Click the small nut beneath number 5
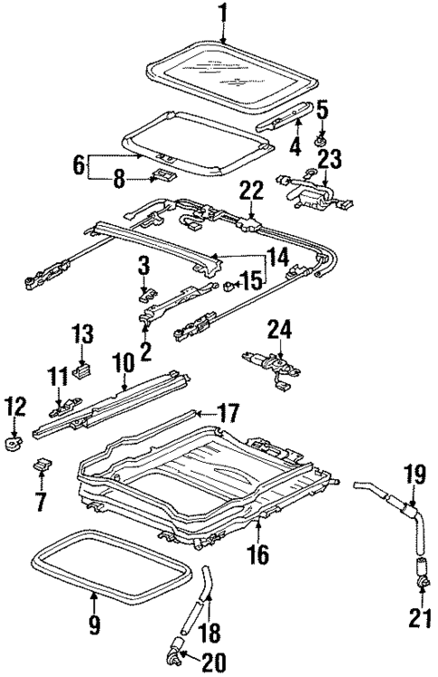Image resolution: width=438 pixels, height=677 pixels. tap(321, 143)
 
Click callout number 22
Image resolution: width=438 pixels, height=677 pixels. tap(250, 190)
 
